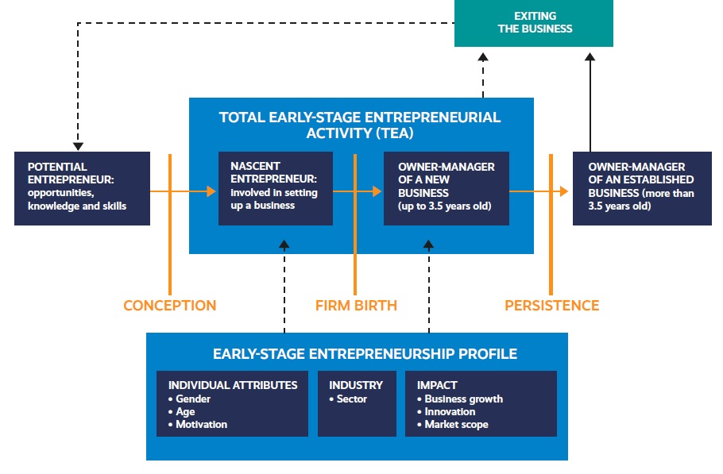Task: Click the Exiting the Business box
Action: (x=533, y=23)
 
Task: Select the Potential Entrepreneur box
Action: (x=82, y=188)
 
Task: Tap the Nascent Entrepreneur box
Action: (x=275, y=188)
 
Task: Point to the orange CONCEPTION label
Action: (x=169, y=305)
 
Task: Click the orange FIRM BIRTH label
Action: (x=355, y=305)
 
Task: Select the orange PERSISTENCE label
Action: (x=551, y=305)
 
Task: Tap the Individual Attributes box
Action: (x=232, y=403)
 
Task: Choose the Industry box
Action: (x=356, y=403)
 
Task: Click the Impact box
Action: (x=480, y=403)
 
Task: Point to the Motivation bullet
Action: (x=201, y=425)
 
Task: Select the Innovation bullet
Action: (x=450, y=412)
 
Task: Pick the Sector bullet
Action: (x=351, y=399)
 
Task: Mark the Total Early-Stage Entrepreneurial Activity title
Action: (x=360, y=125)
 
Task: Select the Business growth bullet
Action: (x=463, y=399)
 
